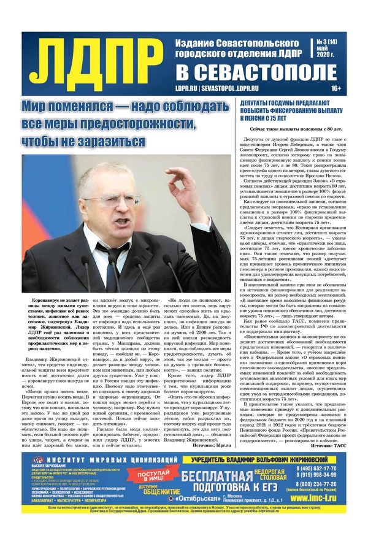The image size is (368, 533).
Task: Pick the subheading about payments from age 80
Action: point(296,130)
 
